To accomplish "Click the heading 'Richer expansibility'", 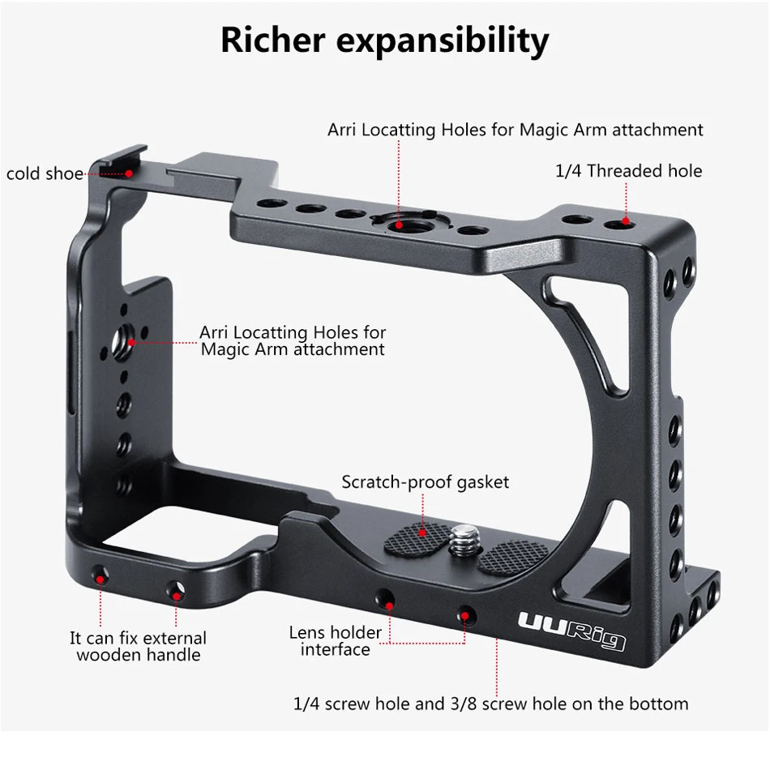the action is (x=384, y=41).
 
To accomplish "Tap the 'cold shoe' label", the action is (x=45, y=174).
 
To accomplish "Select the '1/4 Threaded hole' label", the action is (x=628, y=171).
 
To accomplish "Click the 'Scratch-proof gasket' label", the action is (x=425, y=482).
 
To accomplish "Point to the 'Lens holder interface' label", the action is (x=335, y=641).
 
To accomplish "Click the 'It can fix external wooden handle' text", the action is (x=138, y=647).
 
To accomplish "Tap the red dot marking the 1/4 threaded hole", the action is (x=625, y=220).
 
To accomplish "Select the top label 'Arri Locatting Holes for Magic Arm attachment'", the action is (x=515, y=130).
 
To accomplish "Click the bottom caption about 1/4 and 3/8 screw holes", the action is (x=490, y=704).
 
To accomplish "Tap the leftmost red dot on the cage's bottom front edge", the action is (x=100, y=576).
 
